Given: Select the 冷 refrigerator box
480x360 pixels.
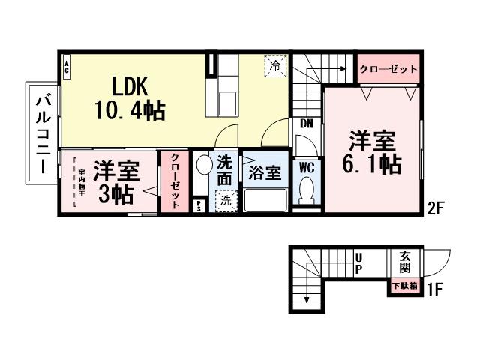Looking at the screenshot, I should (x=275, y=66).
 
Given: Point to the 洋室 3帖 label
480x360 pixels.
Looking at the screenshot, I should (x=115, y=182).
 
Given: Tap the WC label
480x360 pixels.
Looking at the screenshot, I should (x=307, y=167).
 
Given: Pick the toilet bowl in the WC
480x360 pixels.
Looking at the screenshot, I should (x=306, y=193).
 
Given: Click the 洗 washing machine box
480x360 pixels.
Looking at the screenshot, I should (x=224, y=200).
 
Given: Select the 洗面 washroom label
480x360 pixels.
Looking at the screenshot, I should (x=224, y=169).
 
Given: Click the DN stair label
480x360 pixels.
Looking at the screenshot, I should (x=307, y=123).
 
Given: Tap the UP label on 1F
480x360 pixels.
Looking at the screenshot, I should (x=358, y=262).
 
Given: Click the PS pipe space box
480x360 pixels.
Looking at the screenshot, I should (x=199, y=205).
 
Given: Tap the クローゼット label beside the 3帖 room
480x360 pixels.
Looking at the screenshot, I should (x=174, y=181).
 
